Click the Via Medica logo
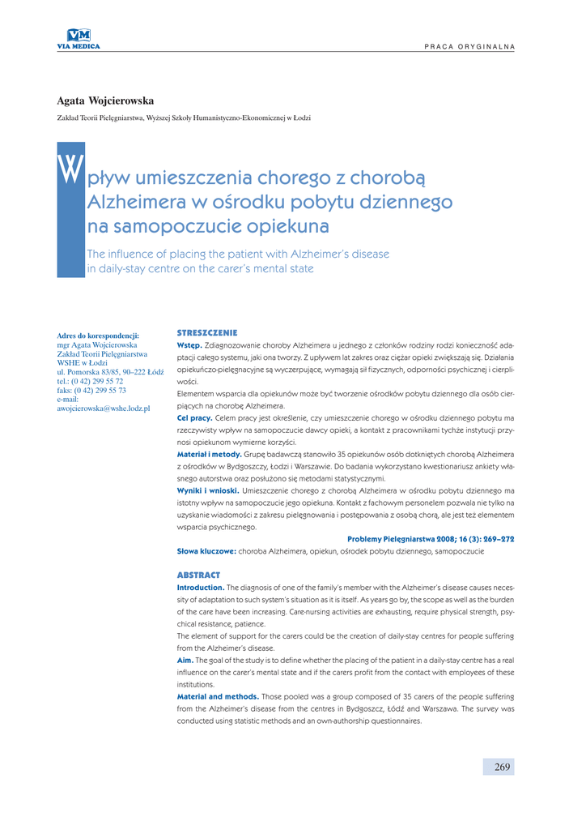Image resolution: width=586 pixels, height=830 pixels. (x=79, y=38)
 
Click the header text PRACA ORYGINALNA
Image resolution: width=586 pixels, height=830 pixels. (x=469, y=46)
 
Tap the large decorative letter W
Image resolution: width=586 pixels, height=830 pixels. (x=71, y=168)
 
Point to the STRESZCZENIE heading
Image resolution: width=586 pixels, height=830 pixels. (x=206, y=332)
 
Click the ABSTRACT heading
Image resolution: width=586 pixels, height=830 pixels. (x=198, y=575)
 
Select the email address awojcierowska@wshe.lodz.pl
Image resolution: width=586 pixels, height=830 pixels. (x=104, y=408)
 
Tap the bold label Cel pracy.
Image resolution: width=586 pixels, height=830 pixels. (x=194, y=417)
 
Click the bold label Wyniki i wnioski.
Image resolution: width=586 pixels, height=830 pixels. (x=208, y=490)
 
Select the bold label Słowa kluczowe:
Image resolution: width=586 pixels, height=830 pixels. (x=206, y=551)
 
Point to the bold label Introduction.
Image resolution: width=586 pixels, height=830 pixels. (x=201, y=587)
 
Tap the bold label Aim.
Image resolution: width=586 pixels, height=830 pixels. (x=185, y=660)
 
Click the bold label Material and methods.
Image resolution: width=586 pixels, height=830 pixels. (x=218, y=696)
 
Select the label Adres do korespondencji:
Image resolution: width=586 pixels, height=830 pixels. (x=98, y=335)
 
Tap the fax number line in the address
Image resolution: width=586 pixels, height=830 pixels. (x=91, y=390)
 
